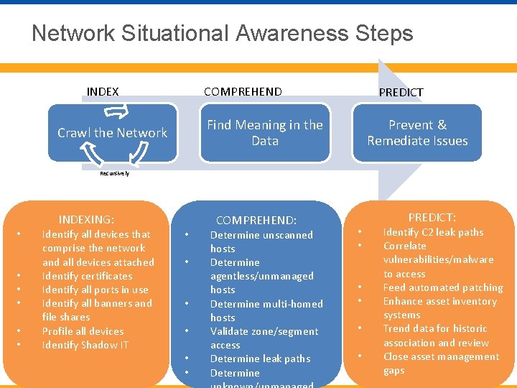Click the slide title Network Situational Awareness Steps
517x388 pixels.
pyautogui.click(x=222, y=33)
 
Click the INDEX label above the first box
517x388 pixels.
pyautogui.click(x=103, y=91)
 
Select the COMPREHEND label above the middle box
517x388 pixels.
pyautogui.click(x=243, y=91)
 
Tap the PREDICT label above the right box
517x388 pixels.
pyautogui.click(x=401, y=92)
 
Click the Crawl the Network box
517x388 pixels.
pyautogui.click(x=112, y=133)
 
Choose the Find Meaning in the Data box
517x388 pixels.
pyautogui.click(x=265, y=133)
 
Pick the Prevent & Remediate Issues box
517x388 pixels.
pyautogui.click(x=417, y=133)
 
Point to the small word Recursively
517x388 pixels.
pyautogui.click(x=115, y=173)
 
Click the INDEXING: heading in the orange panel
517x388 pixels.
pyautogui.click(x=87, y=220)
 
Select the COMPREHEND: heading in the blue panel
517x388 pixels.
pyautogui.click(x=256, y=221)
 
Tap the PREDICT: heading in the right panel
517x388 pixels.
pyautogui.click(x=432, y=217)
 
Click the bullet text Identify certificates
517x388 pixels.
pyautogui.click(x=87, y=276)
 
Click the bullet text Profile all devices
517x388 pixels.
pyautogui.click(x=83, y=331)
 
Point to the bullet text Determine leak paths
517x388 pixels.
pyautogui.click(x=260, y=359)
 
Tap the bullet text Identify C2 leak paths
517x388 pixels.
pyautogui.click(x=433, y=232)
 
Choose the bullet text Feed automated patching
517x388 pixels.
pyautogui.click(x=442, y=287)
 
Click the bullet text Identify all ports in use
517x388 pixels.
pyautogui.click(x=95, y=290)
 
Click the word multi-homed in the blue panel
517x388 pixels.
pyautogui.click(x=292, y=304)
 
